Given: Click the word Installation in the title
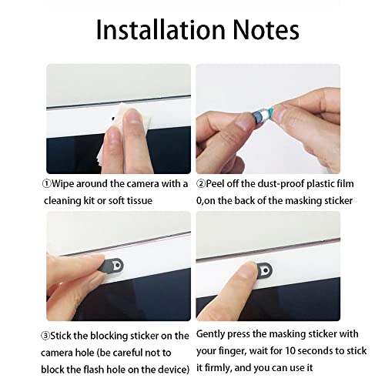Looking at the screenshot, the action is point(161,29).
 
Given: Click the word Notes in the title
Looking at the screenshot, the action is point(266,29).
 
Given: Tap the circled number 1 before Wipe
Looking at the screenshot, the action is point(47,184).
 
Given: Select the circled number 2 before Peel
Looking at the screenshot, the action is point(201,184).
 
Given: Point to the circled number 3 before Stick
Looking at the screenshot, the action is point(45,336).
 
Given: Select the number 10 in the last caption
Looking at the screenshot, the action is point(290,350).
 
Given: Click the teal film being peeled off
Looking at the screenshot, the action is point(270,112).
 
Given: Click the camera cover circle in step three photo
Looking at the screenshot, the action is point(117,266).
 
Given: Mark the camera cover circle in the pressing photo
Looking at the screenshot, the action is point(266,270).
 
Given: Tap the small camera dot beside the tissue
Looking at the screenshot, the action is point(113,119).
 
